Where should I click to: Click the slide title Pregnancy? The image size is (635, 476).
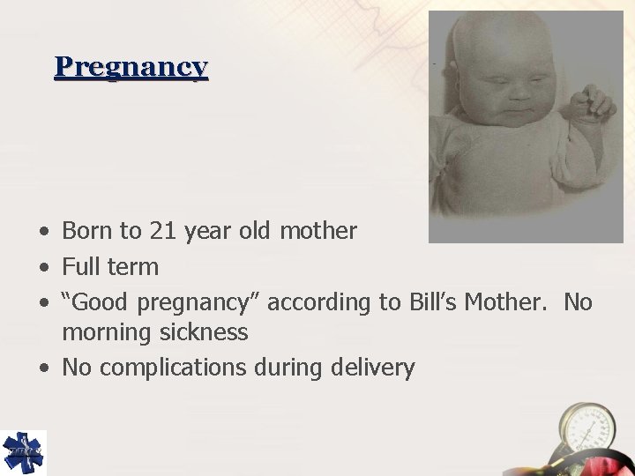coord(131,67)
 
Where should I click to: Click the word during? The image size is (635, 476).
coord(284,368)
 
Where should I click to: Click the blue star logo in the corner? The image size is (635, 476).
coord(24,452)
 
